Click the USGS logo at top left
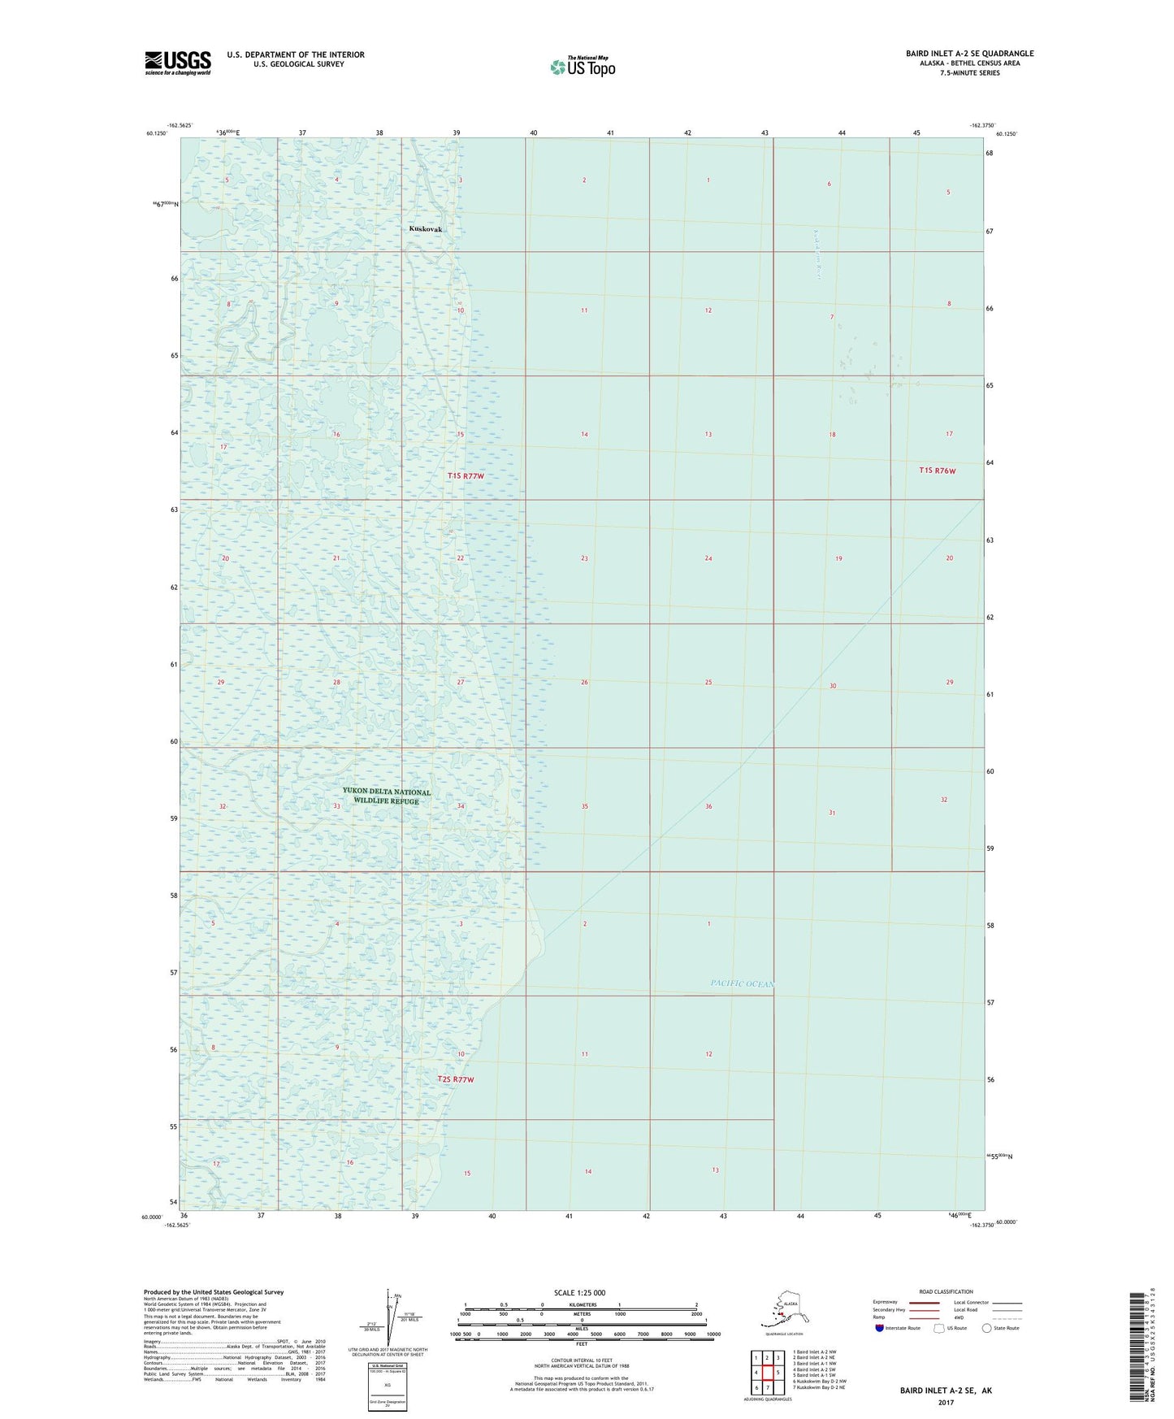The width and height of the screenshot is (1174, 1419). [177, 63]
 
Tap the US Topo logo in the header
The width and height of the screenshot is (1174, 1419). [583, 67]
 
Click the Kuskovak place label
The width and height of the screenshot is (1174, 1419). [426, 229]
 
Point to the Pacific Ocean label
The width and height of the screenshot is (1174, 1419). [742, 983]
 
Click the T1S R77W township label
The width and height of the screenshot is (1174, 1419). [466, 475]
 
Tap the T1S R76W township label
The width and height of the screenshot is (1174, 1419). [938, 471]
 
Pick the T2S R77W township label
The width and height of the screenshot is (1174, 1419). [455, 1079]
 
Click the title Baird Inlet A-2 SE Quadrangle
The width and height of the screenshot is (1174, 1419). [969, 54]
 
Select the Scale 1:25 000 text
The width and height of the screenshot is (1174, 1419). [579, 1292]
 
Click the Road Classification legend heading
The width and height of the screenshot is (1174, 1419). [946, 1291]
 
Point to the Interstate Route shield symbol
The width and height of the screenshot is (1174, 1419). [880, 1328]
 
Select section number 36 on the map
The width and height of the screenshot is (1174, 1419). [708, 806]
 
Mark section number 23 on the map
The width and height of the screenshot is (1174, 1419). [584, 558]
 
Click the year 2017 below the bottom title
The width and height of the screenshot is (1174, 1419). [946, 1402]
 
